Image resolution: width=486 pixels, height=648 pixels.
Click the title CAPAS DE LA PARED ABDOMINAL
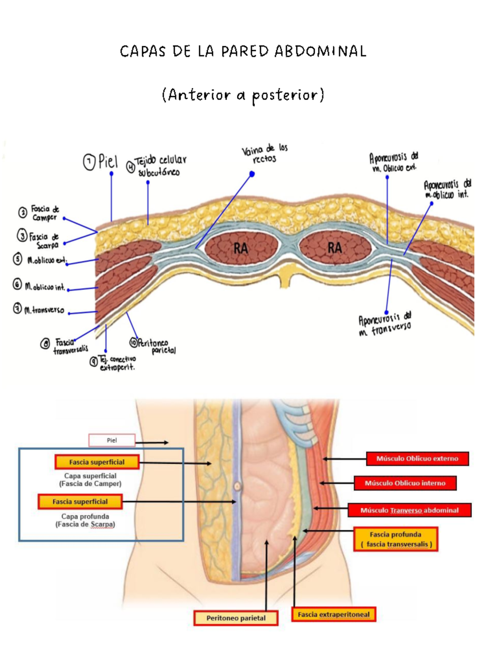(243, 51)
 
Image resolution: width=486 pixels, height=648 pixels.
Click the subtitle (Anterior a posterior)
(243, 95)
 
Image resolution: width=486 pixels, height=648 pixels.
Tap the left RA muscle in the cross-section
(241, 248)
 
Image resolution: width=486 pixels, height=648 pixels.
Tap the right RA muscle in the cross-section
(335, 247)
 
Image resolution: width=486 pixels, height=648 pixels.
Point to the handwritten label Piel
(108, 162)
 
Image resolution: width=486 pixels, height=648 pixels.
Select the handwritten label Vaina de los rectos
(265, 154)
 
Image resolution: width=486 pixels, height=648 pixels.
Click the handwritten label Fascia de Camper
(45, 213)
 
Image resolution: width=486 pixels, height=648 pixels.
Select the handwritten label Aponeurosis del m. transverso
(385, 324)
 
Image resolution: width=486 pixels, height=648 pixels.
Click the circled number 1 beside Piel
(89, 162)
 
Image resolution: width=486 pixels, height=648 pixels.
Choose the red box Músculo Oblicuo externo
(417, 458)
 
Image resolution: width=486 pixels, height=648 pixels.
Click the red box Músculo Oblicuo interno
(405, 483)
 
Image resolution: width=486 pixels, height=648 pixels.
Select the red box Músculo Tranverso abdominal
(409, 510)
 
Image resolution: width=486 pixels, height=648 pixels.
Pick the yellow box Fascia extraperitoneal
(334, 614)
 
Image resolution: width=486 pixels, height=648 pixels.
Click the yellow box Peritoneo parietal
(236, 618)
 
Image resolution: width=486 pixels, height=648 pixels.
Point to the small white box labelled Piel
(112, 440)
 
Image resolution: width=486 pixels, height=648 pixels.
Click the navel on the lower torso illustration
(237, 486)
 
